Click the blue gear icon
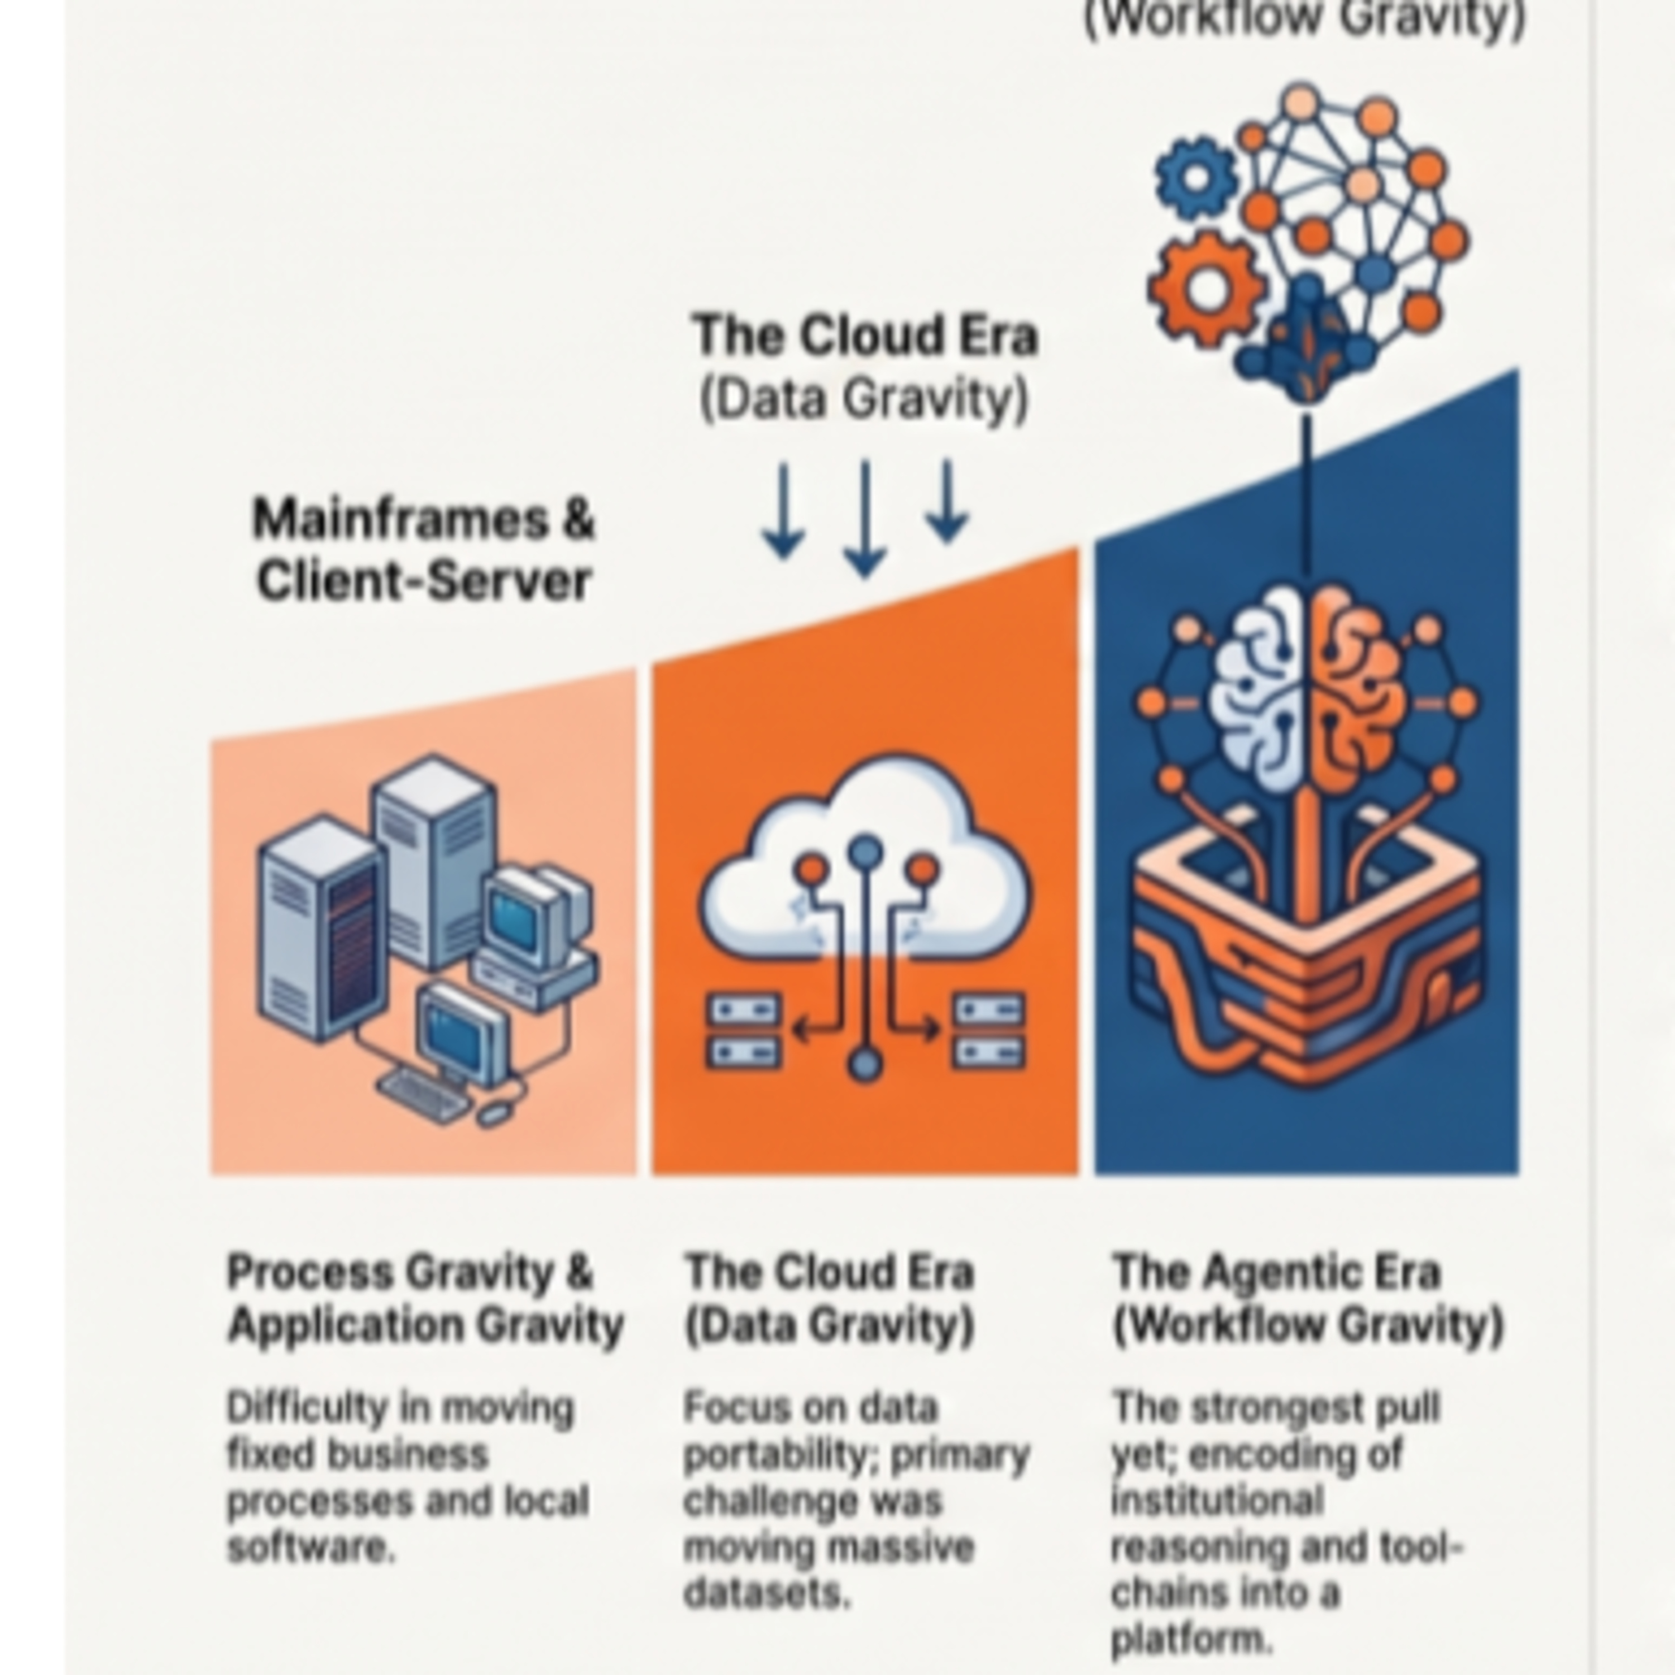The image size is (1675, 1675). coord(1197,178)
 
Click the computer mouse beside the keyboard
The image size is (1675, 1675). coord(496,1113)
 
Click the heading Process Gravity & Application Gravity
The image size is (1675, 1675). coord(425,1299)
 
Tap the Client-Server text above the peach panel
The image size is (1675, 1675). coord(424,580)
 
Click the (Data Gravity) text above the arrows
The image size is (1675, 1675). coord(864,400)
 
